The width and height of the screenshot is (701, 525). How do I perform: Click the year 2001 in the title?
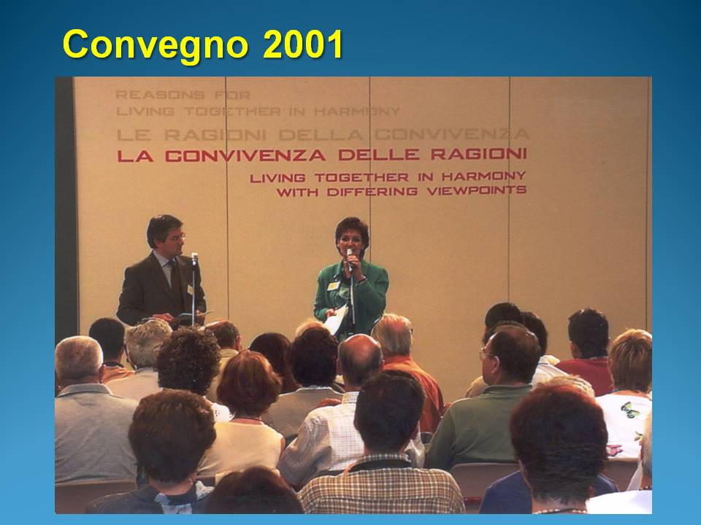pos(302,44)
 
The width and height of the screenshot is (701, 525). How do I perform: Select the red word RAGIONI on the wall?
pos(479,154)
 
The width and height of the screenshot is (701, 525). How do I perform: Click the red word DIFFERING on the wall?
pos(372,192)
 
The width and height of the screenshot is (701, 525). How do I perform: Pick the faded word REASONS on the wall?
pos(160,95)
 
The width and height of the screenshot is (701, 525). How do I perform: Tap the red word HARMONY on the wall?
pos(483,176)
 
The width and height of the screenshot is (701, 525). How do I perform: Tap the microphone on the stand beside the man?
pos(194,258)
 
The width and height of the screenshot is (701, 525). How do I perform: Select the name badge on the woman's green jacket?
pos(333,286)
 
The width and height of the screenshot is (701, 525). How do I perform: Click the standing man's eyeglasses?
pos(176,236)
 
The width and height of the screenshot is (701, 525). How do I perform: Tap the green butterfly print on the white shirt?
pos(629,410)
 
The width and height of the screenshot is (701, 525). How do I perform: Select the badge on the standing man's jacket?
pos(190,290)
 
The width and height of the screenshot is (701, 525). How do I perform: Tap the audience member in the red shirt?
pos(586,353)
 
